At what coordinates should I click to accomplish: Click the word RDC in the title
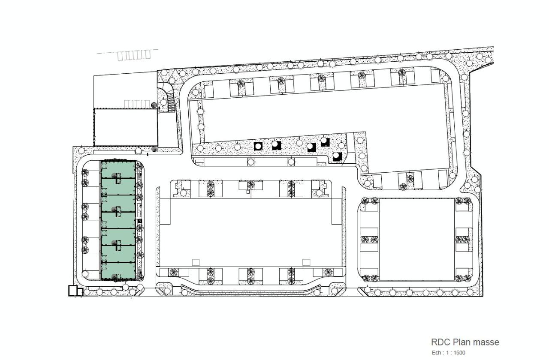click(x=439, y=342)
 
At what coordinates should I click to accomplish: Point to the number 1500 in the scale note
click(x=459, y=353)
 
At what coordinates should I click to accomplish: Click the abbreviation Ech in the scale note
click(x=437, y=353)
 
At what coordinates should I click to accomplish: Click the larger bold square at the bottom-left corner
click(x=73, y=291)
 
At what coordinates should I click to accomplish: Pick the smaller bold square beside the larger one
click(x=80, y=292)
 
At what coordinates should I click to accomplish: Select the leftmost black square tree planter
click(x=258, y=146)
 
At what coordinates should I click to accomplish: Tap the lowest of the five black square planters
click(x=338, y=156)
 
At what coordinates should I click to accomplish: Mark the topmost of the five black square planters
click(x=325, y=141)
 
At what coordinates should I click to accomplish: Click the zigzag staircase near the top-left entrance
click(x=170, y=101)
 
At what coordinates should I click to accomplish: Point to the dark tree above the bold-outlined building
click(x=154, y=105)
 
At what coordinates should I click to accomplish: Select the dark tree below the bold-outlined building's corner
click(x=154, y=149)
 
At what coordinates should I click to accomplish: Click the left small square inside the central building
click(x=196, y=262)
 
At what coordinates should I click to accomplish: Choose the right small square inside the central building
click(x=306, y=262)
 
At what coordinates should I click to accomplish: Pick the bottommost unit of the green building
click(x=118, y=271)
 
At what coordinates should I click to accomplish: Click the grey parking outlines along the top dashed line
click(x=134, y=55)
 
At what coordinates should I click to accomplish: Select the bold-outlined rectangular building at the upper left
click(x=126, y=127)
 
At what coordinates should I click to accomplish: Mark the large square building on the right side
click(x=416, y=239)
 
